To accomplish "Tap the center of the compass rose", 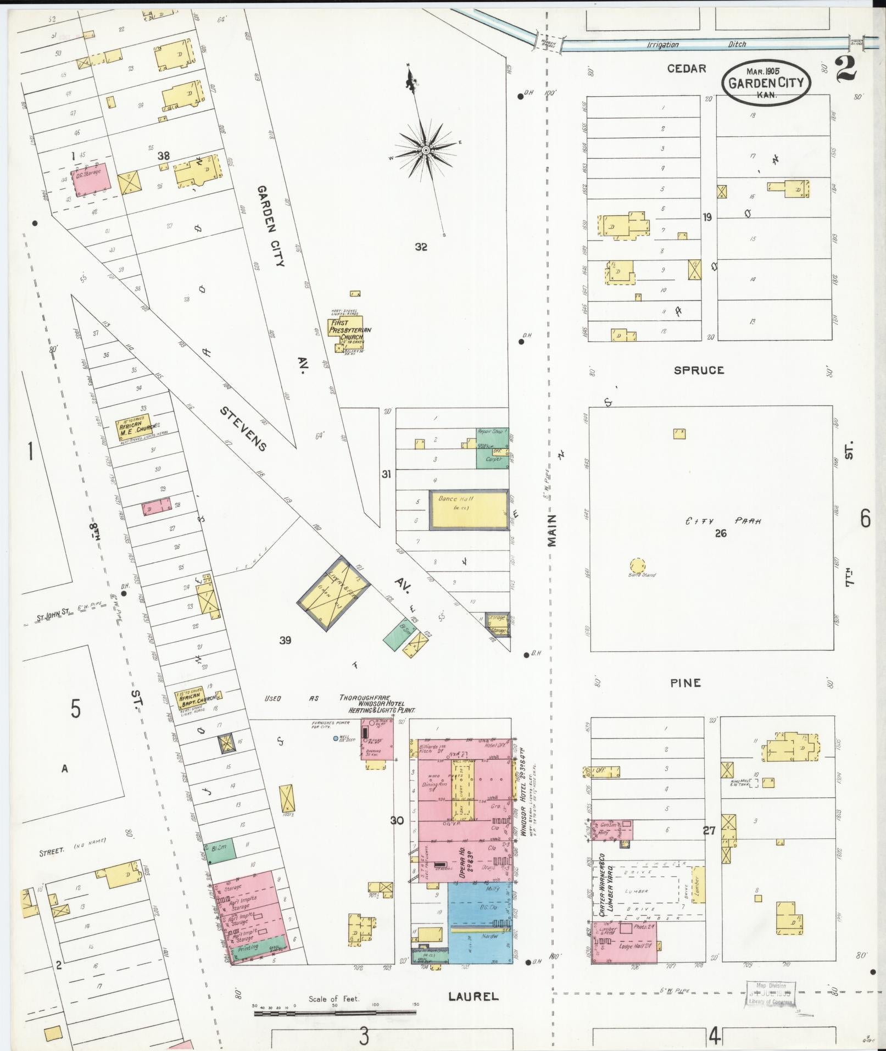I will pyautogui.click(x=426, y=149).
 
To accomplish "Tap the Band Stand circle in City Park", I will pyautogui.click(x=638, y=565).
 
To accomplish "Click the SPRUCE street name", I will pyautogui.click(x=699, y=370).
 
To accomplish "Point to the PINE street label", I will pyautogui.click(x=686, y=683).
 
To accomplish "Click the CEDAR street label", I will pyautogui.click(x=687, y=69).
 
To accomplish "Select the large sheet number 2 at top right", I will pyautogui.click(x=846, y=69).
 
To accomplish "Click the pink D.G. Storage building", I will pyautogui.click(x=91, y=179).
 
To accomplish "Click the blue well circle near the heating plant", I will pyautogui.click(x=336, y=738).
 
